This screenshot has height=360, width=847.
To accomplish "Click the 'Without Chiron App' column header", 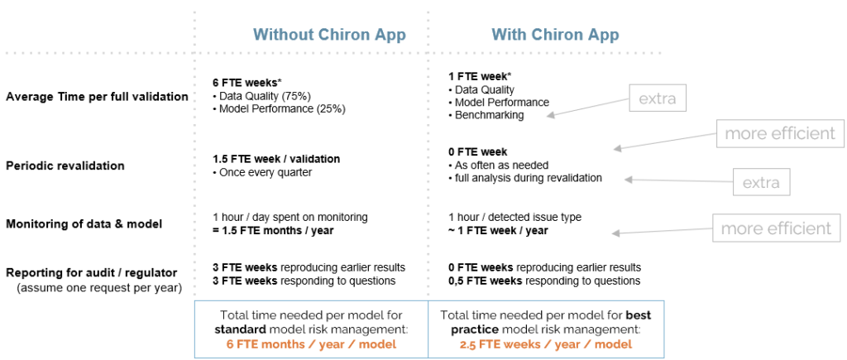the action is click(329, 35).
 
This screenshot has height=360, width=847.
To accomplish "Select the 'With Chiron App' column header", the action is click(555, 35).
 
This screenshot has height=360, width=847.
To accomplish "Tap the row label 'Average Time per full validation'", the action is click(98, 97).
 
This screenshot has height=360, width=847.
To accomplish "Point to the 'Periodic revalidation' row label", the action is click(65, 166).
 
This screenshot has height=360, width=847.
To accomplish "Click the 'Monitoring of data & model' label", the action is click(84, 223).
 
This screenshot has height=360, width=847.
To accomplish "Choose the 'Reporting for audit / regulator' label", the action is click(91, 273).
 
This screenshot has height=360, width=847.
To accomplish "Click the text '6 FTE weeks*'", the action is click(242, 84).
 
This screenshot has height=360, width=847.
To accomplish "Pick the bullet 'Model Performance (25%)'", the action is click(280, 108).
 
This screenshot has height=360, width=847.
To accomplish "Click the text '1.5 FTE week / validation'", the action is click(276, 160).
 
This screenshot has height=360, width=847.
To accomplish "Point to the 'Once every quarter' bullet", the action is click(262, 172).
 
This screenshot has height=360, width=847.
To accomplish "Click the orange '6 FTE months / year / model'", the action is click(312, 343).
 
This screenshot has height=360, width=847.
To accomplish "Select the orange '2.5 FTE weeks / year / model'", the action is click(546, 343).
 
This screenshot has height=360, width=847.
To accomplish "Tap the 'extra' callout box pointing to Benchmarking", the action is click(657, 99).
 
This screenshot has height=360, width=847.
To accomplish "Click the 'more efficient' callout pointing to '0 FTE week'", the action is click(780, 133).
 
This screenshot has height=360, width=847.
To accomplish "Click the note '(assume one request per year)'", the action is click(99, 288).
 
